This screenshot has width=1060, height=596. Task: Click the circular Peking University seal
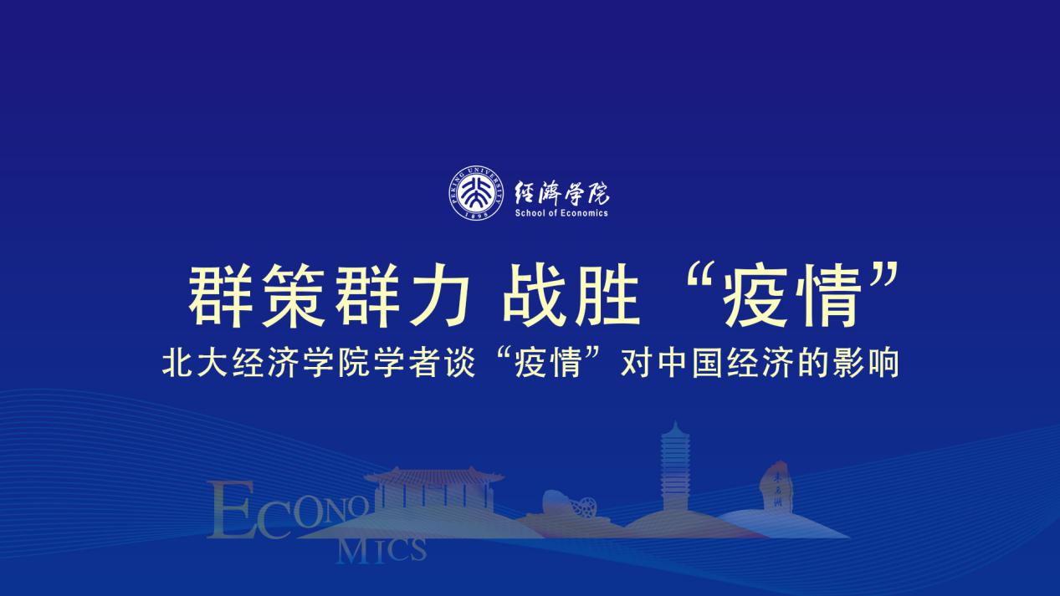(476, 193)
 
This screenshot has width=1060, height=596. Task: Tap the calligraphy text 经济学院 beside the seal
(562, 193)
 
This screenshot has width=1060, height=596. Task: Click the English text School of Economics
(561, 212)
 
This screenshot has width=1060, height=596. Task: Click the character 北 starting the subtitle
(178, 363)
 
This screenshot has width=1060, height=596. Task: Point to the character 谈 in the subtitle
(460, 363)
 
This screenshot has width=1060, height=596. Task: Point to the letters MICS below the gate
(381, 552)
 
